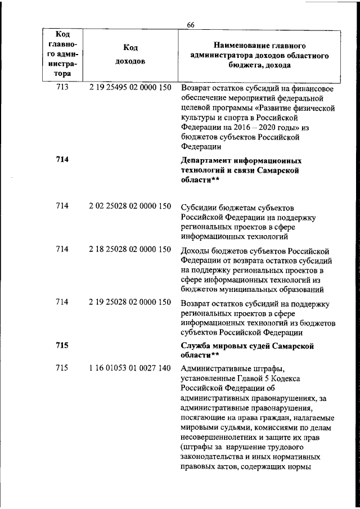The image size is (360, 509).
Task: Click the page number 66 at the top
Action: pos(190,24)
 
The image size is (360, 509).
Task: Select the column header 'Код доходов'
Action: pos(130,55)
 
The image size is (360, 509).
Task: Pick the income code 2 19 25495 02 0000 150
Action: pos(130,88)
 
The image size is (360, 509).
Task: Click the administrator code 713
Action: pos(62,88)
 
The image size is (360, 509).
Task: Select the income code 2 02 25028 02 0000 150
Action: pos(130,206)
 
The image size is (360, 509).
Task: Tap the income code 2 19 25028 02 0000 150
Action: pos(130,303)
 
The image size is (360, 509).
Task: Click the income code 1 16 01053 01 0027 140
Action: pos(130,368)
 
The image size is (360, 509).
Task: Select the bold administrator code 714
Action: pos(62,160)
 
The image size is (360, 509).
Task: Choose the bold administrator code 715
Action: pos(62,345)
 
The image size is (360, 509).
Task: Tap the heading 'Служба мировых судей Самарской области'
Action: pos(247,350)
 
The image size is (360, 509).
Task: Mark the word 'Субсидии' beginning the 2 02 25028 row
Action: pos(197,207)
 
